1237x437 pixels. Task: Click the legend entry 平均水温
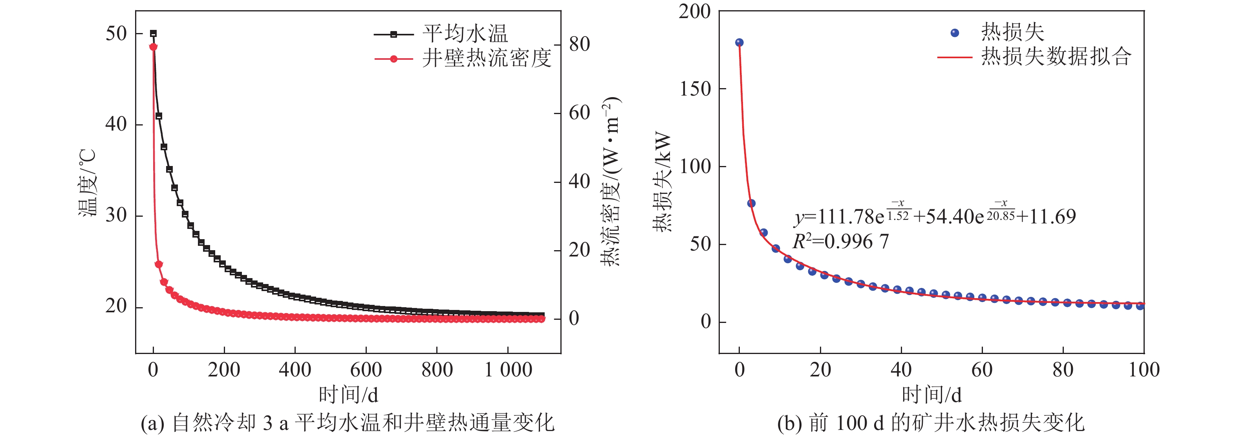tap(465, 34)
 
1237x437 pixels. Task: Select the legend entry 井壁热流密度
tap(487, 59)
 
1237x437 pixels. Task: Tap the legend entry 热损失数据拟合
tap(1056, 57)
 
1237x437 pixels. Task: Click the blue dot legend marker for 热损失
tap(955, 33)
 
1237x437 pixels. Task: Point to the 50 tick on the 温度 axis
tap(116, 34)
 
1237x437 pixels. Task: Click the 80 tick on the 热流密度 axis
tap(580, 44)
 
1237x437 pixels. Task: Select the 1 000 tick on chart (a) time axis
tap(509, 370)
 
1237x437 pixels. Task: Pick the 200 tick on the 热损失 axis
tap(694, 11)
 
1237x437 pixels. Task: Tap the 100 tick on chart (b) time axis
tap(1144, 370)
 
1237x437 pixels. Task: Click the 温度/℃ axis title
tap(88, 183)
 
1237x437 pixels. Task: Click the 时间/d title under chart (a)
tap(348, 395)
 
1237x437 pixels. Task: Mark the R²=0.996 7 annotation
tap(840, 242)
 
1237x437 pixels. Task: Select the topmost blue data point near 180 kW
tap(739, 43)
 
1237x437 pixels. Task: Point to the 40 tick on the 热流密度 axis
tap(580, 182)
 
